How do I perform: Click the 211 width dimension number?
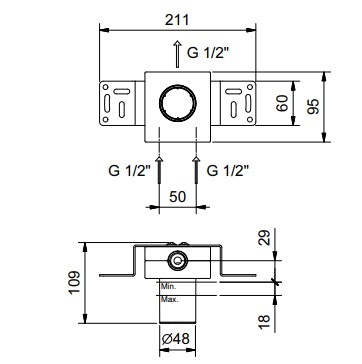[x=177, y=20]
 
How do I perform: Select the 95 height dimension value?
[x=313, y=106]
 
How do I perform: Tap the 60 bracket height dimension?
[x=283, y=103]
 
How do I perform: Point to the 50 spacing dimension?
[x=177, y=197]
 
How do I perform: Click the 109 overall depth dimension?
[x=75, y=282]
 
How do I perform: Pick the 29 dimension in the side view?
[x=265, y=238]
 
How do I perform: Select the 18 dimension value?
[x=264, y=322]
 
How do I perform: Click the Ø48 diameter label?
[x=176, y=339]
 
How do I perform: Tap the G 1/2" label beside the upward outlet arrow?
[x=209, y=53]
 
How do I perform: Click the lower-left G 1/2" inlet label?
[x=130, y=171]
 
